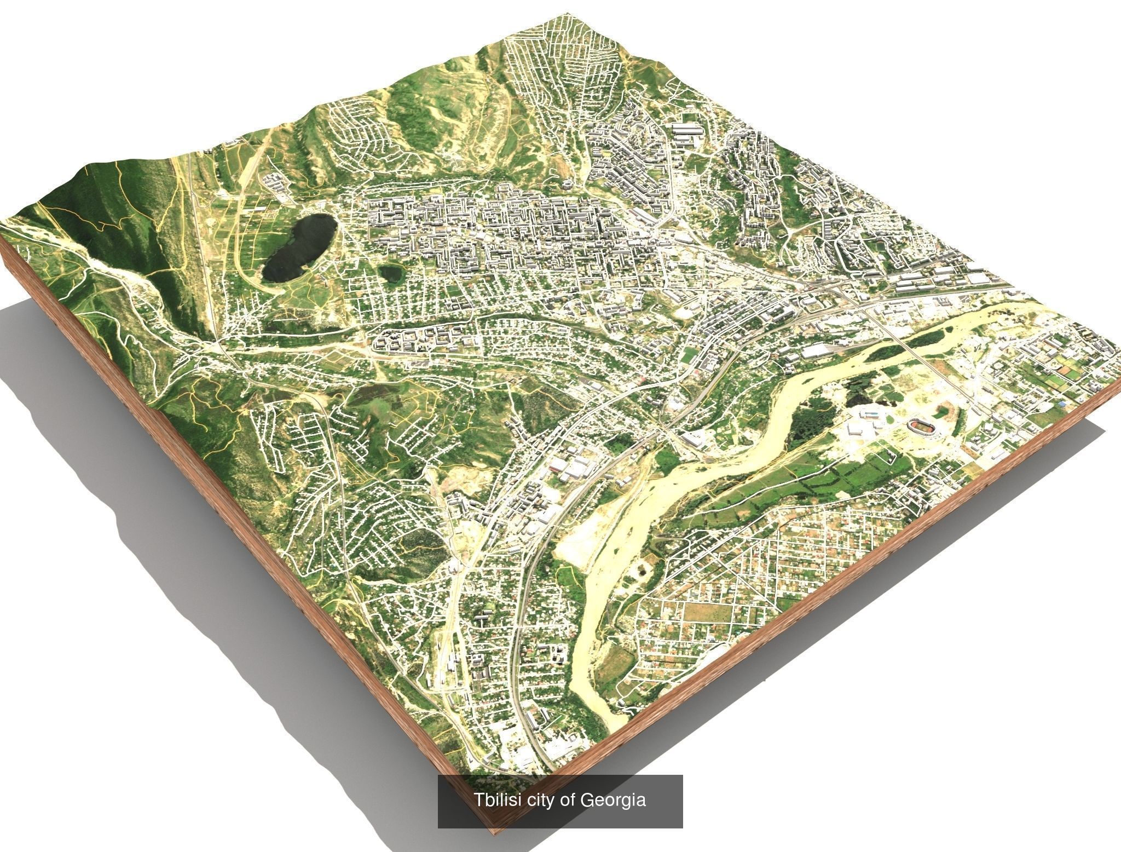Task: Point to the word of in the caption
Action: (x=569, y=800)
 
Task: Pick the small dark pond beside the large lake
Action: (x=390, y=273)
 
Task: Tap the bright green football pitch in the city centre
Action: (x=687, y=356)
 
